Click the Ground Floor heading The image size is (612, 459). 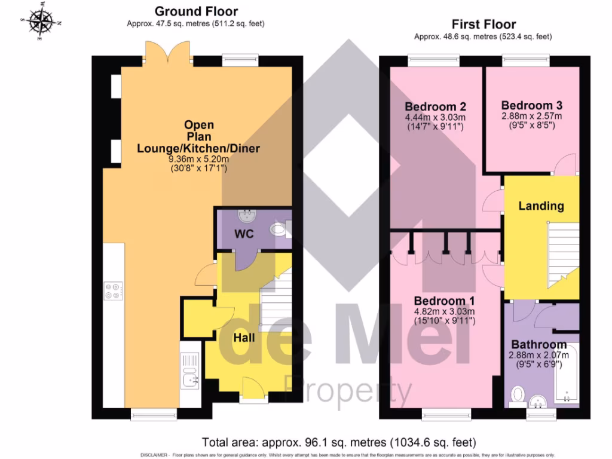click(196, 11)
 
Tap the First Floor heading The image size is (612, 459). click(484, 25)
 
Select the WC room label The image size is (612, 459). click(244, 234)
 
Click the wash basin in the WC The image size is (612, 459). click(246, 215)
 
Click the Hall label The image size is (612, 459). click(244, 338)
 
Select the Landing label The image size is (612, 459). click(541, 206)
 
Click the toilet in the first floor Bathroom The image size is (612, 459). click(518, 395)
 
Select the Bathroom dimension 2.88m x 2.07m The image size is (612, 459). click(538, 355)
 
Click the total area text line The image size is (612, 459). click(339, 443)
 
